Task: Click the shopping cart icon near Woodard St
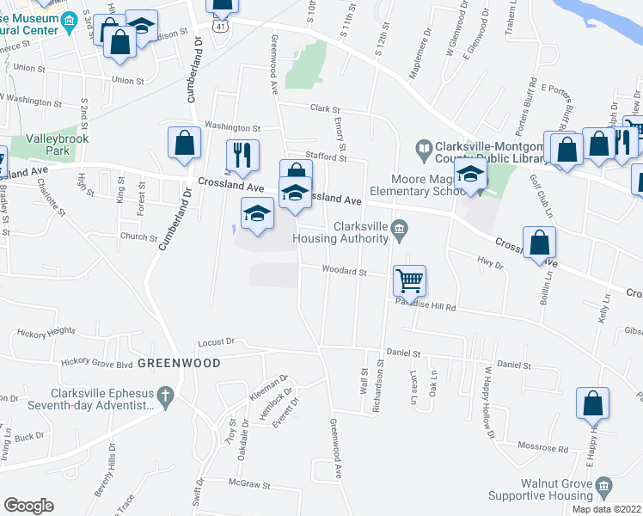410,279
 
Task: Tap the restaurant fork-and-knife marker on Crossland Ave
242,155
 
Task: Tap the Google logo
28,506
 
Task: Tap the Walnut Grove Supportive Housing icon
603,487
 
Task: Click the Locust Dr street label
216,341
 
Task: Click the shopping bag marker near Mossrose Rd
593,402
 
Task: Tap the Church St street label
138,238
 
